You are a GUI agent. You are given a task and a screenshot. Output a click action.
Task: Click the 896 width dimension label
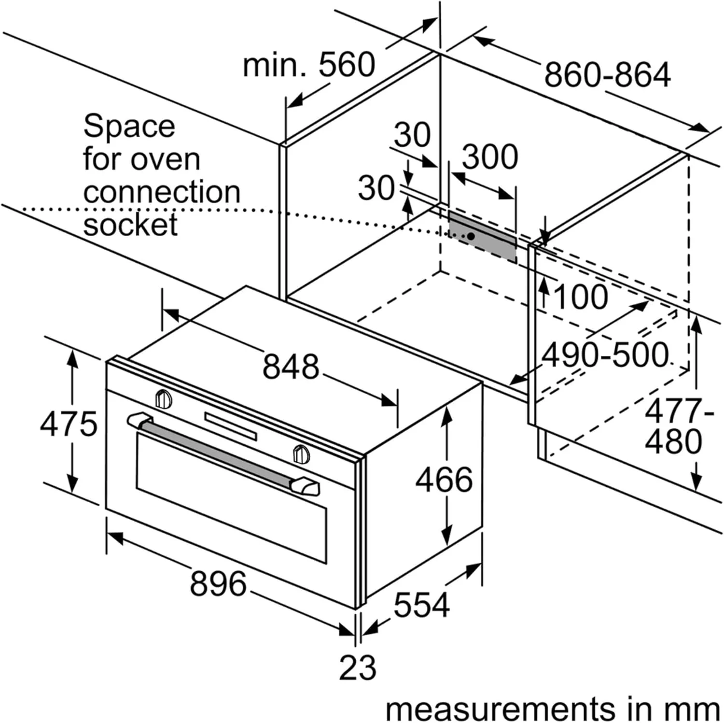(x=218, y=583)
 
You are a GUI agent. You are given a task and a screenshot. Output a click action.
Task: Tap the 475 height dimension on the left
(x=69, y=425)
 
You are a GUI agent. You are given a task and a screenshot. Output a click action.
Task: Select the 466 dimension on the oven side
(x=444, y=480)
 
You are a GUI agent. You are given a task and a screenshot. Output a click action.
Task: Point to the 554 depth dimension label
(x=421, y=604)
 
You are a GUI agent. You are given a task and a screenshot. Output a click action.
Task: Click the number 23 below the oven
(x=357, y=668)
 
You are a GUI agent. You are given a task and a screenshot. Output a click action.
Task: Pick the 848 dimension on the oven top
(x=291, y=366)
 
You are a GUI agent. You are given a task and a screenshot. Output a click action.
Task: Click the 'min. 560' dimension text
(x=309, y=65)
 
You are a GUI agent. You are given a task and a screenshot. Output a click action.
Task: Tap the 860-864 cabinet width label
(x=607, y=75)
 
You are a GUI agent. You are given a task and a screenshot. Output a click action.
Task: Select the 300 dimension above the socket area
(x=490, y=156)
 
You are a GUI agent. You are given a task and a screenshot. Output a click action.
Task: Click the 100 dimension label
(x=581, y=297)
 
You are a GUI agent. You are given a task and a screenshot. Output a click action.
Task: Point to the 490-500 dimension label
(x=605, y=355)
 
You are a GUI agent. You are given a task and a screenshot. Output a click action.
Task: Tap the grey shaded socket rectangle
(x=483, y=236)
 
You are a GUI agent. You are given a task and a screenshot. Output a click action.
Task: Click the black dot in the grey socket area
(x=471, y=236)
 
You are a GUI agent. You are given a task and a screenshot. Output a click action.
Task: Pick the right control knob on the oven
(x=301, y=454)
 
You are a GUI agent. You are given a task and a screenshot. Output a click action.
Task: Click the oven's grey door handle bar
(x=217, y=453)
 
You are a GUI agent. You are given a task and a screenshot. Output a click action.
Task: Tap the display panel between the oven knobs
(x=230, y=425)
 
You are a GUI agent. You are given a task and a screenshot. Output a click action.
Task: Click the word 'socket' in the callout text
(x=130, y=225)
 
